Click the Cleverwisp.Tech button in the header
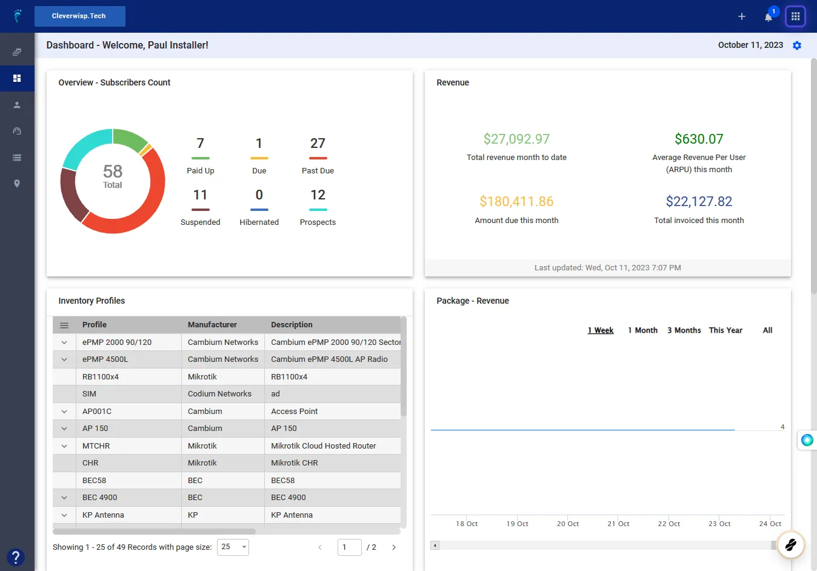[x=80, y=16]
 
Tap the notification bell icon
[x=768, y=17]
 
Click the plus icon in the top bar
[x=741, y=16]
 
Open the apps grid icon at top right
[x=795, y=16]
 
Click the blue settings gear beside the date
[x=797, y=45]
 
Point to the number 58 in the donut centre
[x=113, y=171]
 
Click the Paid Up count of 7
[x=200, y=143]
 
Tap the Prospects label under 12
[x=318, y=222]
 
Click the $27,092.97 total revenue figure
[x=516, y=139]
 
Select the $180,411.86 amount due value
[x=516, y=201]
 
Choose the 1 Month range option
[x=642, y=330]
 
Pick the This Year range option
[x=725, y=330]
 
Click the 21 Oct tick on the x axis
[x=618, y=524]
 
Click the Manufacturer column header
[x=212, y=325]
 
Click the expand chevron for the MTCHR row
[x=64, y=446]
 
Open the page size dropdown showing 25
[x=233, y=547]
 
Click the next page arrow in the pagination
[x=394, y=547]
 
